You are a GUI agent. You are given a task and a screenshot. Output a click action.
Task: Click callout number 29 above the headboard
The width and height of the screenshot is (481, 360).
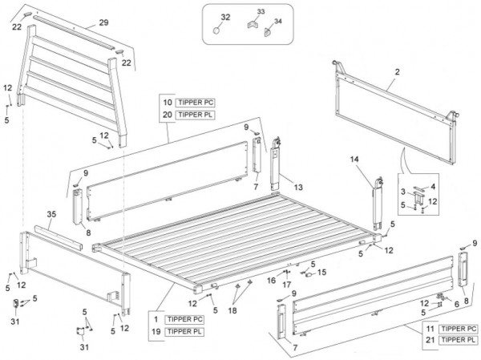tap(103, 22)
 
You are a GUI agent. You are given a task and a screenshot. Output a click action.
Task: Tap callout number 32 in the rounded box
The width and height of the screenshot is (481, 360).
tap(225, 17)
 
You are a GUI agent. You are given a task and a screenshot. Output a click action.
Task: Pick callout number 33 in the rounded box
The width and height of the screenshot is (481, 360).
tap(261, 13)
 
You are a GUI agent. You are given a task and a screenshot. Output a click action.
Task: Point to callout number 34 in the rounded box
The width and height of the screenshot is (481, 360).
tap(278, 21)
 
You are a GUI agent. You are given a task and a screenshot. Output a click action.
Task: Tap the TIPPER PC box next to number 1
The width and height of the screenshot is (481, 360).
tap(184, 320)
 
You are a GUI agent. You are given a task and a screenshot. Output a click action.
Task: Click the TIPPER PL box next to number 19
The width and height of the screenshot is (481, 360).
tap(184, 331)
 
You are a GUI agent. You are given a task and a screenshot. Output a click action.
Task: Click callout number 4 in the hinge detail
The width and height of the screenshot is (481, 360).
tap(432, 186)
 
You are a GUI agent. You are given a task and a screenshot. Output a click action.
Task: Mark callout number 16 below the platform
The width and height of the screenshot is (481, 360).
tap(272, 281)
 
